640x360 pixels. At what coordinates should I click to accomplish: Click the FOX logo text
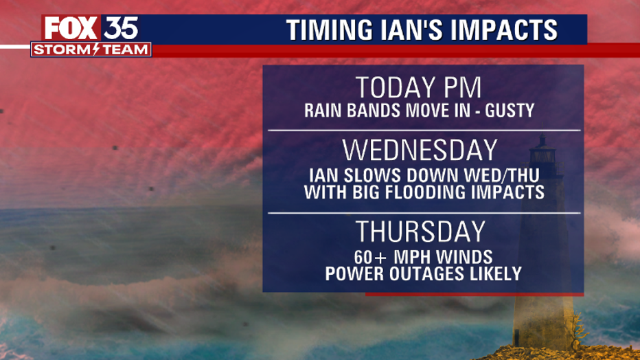tap(71, 29)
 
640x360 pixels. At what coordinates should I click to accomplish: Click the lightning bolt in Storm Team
tap(96, 49)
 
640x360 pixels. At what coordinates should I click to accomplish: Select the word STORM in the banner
tap(63, 49)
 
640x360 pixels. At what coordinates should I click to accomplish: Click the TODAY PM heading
tap(419, 87)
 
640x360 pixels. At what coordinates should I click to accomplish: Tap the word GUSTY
tap(510, 111)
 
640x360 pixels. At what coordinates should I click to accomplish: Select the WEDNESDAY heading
tap(420, 150)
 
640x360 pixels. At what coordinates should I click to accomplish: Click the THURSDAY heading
tap(421, 232)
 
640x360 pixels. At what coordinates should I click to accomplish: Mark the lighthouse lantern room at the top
tap(542, 155)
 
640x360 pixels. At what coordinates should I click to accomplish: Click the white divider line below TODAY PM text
tap(424, 131)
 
